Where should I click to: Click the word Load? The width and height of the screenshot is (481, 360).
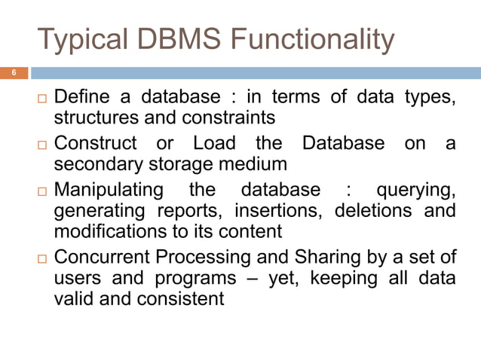[214, 143]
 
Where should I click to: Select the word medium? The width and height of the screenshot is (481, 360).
[250, 163]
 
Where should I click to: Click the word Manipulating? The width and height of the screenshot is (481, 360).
[114, 188]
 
